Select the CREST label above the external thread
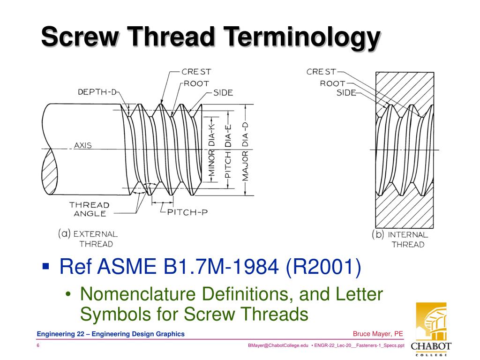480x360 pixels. click(196, 72)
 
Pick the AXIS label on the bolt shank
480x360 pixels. click(83, 145)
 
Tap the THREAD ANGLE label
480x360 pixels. click(90, 209)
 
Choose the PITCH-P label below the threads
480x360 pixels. click(187, 212)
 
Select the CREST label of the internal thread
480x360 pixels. click(321, 72)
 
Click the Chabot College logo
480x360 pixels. click(431, 328)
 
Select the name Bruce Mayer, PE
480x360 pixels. click(378, 334)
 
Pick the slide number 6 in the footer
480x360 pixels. click(38, 345)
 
